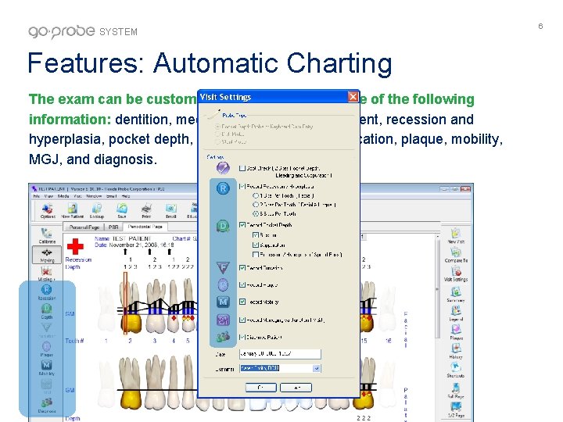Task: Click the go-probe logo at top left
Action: click(63, 31)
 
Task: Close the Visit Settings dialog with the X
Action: click(353, 97)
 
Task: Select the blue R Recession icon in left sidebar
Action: click(47, 291)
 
